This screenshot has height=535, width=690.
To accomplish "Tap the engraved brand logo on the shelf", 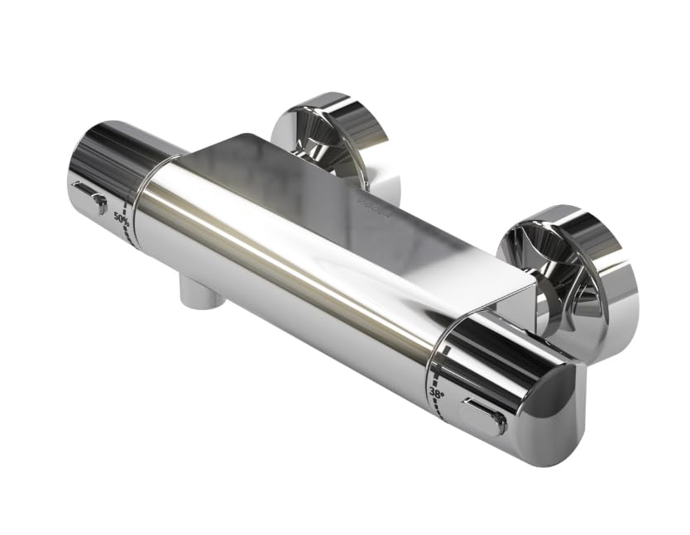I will (x=369, y=198).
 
